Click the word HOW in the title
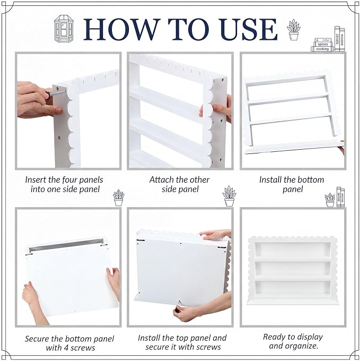pos(121,30)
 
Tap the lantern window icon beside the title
pos(64,29)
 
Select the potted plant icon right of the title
pos(294,30)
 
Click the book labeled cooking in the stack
pos(322,49)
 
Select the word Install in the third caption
pos(270,180)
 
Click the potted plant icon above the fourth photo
pos(119,198)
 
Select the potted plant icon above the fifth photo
pos(229,196)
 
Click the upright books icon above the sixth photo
pos(340,197)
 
